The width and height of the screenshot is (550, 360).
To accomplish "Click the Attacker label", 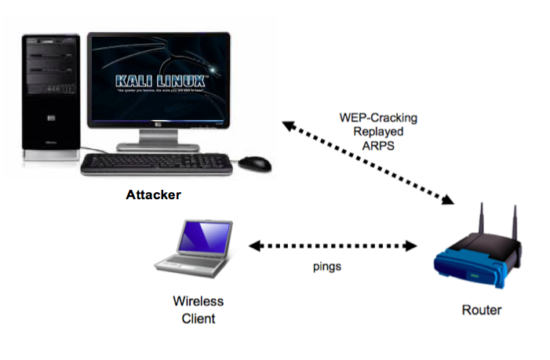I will (x=153, y=195).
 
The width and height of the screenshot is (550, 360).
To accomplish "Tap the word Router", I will (x=481, y=310).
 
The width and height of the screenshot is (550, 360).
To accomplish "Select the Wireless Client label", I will (x=199, y=310).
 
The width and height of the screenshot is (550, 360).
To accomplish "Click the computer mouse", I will (x=255, y=164).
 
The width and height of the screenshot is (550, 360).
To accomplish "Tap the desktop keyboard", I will (x=156, y=163).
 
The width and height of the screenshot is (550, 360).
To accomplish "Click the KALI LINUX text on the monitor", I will (x=160, y=81).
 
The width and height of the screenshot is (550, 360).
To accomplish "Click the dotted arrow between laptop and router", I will (x=333, y=246).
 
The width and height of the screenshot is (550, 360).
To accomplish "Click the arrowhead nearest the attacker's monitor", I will (x=288, y=125).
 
